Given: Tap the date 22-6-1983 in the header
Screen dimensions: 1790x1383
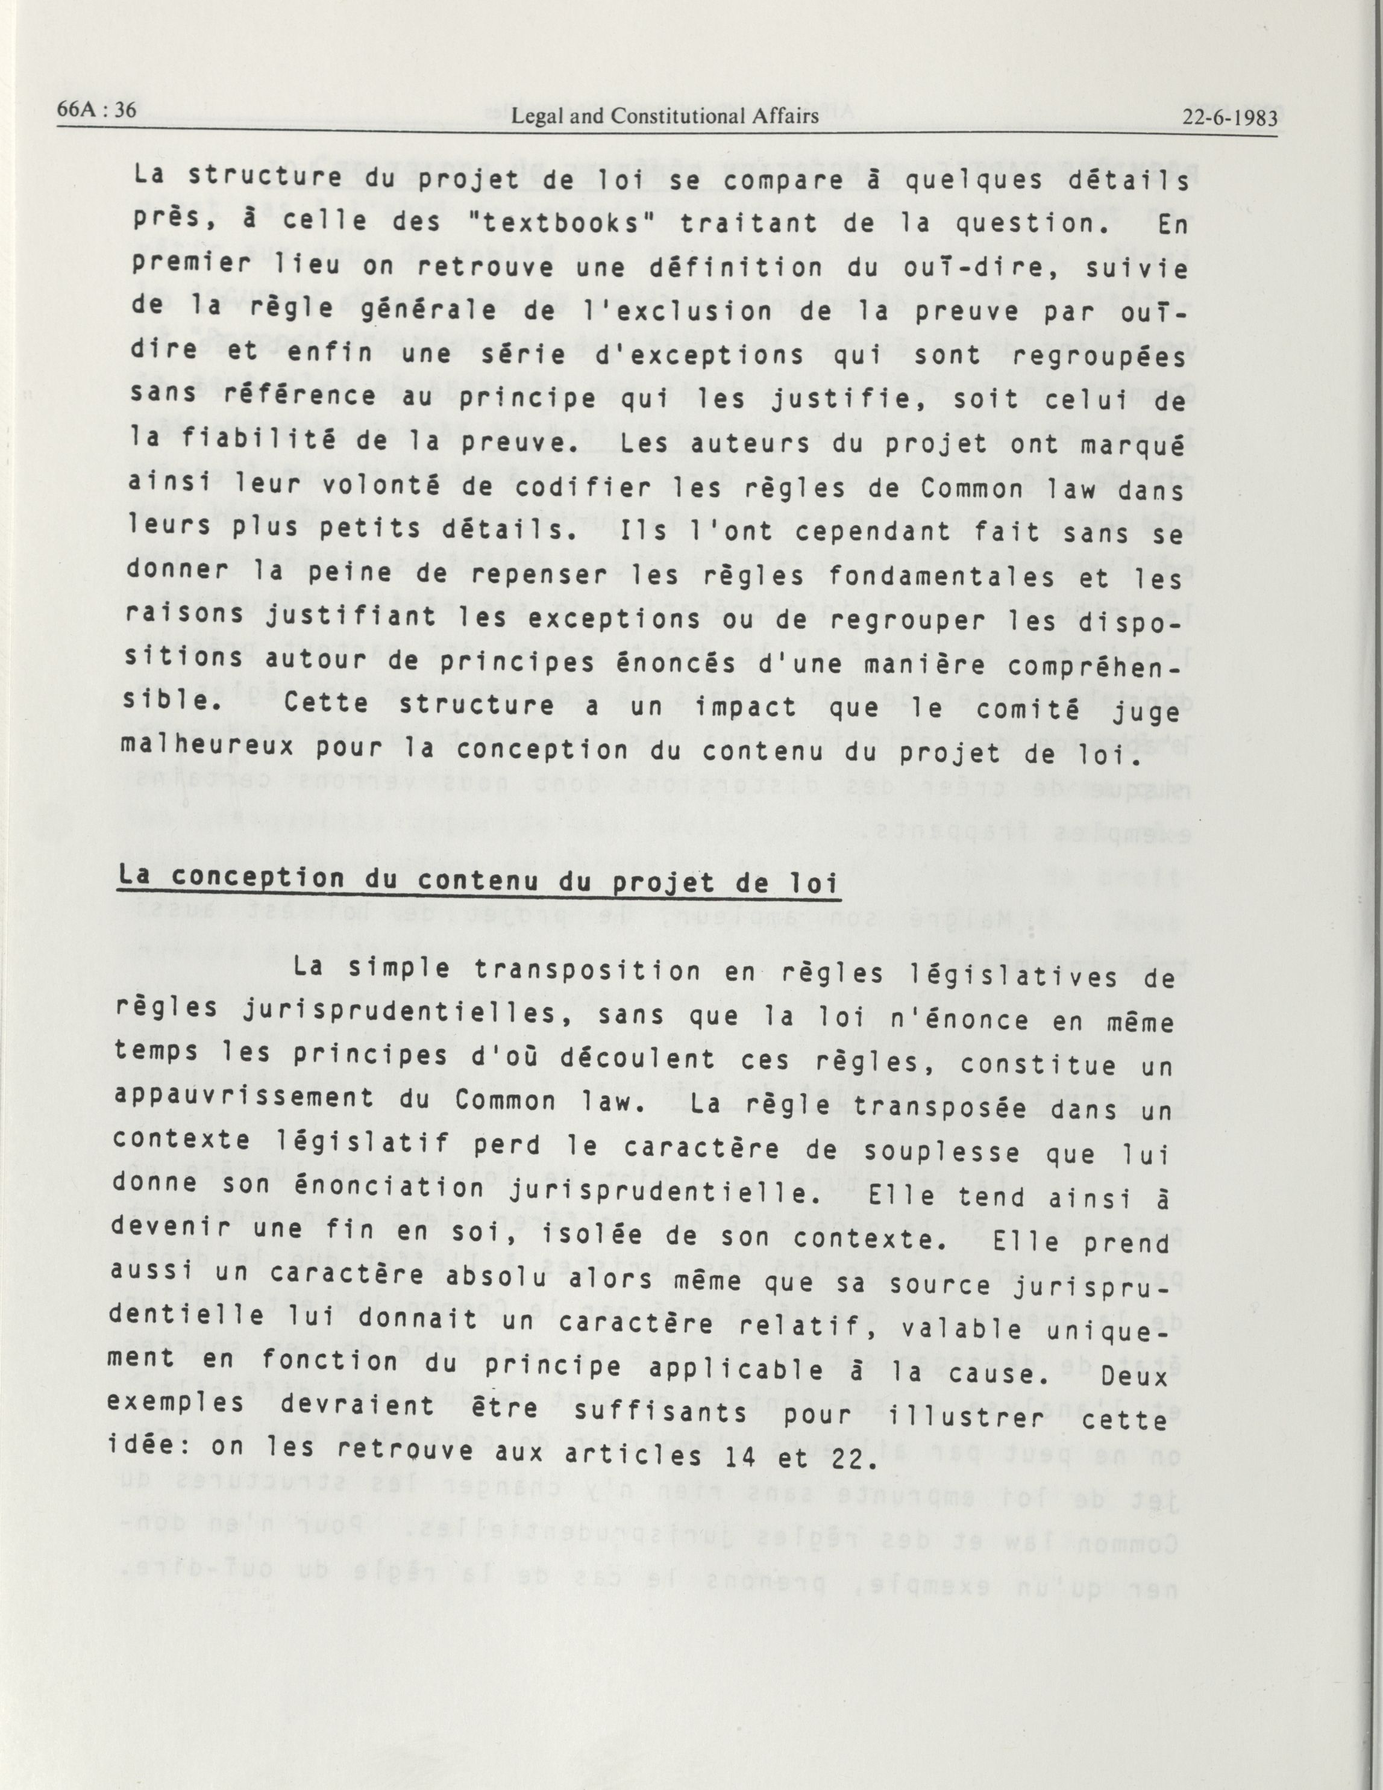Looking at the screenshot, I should click(1230, 117).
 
